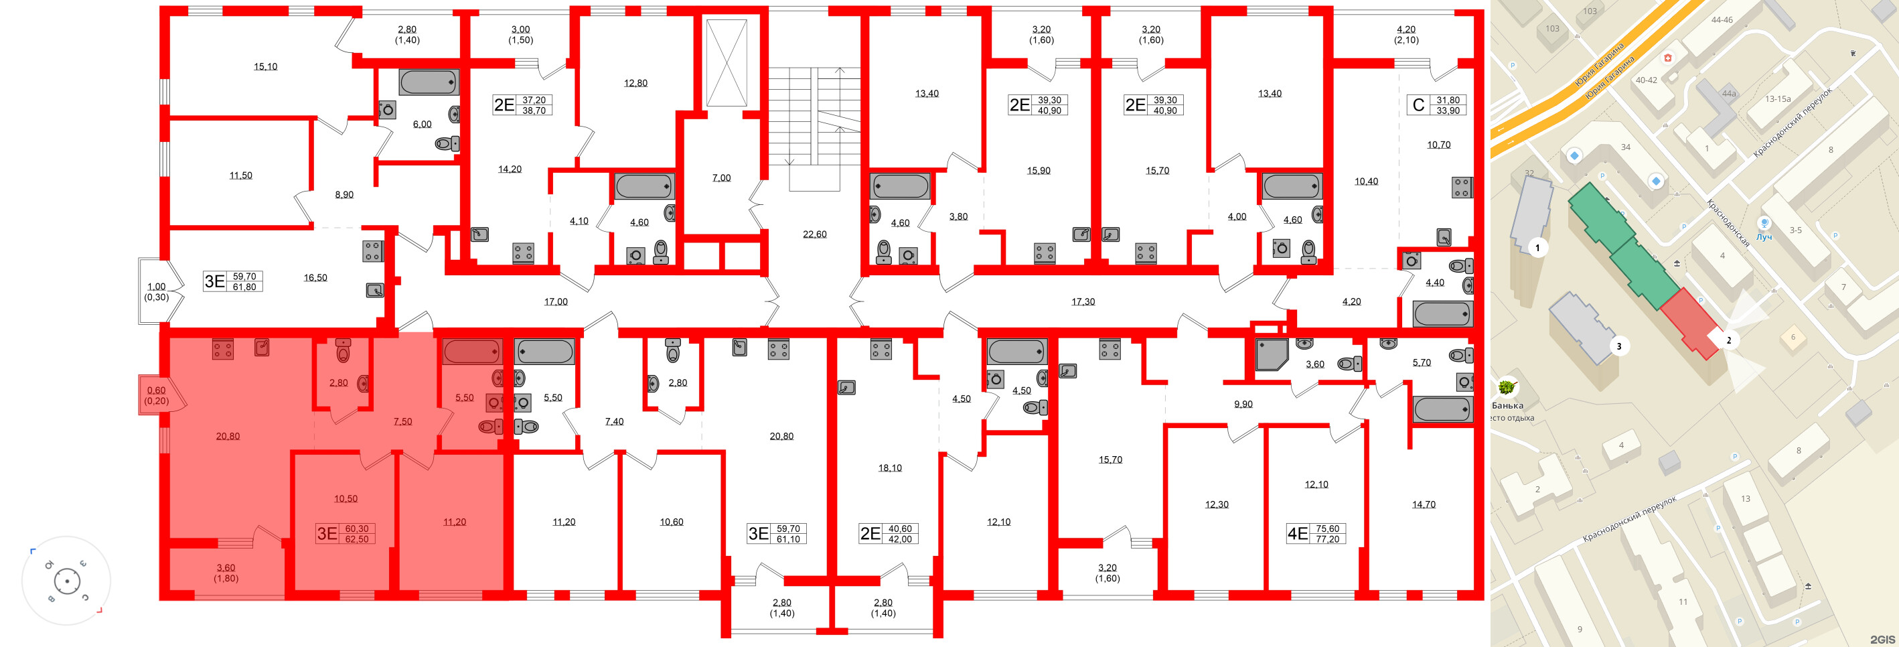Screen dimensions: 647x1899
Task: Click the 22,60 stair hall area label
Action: tap(815, 234)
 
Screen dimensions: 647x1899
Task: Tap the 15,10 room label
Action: tap(265, 66)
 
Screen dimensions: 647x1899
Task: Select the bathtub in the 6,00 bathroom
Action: tap(429, 82)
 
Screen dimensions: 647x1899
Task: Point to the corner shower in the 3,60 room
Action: tap(1271, 354)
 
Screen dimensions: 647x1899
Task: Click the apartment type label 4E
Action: tap(1297, 533)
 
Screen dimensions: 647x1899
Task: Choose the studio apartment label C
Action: tap(1418, 106)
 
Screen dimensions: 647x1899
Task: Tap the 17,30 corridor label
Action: tap(1083, 302)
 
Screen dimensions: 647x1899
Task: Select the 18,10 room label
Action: tap(890, 468)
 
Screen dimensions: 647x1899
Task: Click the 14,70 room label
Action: tap(1424, 504)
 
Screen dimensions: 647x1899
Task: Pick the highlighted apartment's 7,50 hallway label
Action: tap(402, 422)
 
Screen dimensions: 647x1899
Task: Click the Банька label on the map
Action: tap(1507, 405)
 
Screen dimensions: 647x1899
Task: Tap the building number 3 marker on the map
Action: tap(1619, 346)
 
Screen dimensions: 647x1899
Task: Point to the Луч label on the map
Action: tap(1763, 238)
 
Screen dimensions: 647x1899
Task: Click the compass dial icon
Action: tap(67, 581)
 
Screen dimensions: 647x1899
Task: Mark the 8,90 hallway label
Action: tap(344, 195)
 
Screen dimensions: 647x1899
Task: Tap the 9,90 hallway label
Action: tap(1243, 405)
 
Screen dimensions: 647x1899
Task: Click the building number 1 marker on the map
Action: tap(1537, 248)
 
